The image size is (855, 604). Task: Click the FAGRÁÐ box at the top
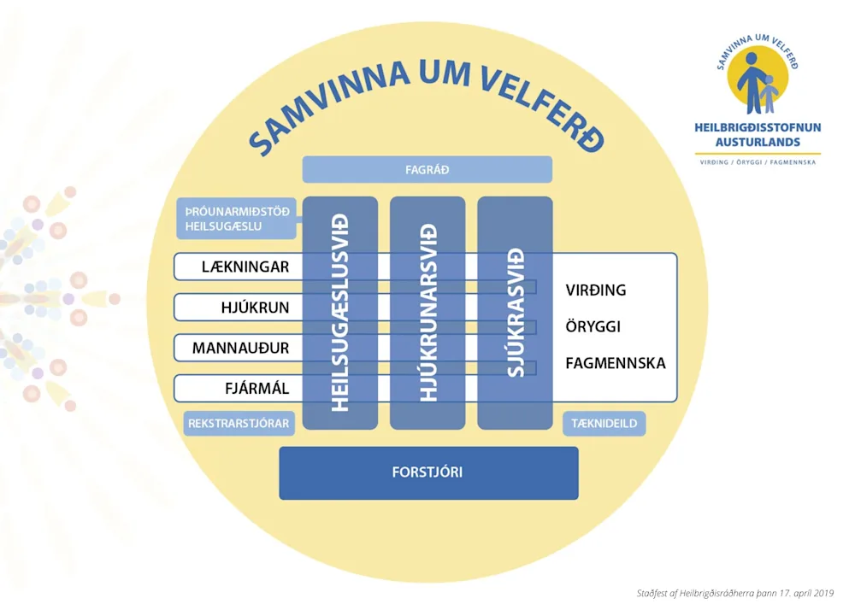click(x=427, y=170)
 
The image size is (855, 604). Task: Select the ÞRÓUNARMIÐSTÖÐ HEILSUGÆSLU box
click(x=236, y=219)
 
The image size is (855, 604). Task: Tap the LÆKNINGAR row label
click(x=245, y=267)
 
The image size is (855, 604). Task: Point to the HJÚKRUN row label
click(x=255, y=308)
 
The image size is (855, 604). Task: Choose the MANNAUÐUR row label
click(x=240, y=348)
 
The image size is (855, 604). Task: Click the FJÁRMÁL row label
click(x=256, y=389)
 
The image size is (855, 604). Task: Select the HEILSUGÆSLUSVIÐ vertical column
click(x=340, y=313)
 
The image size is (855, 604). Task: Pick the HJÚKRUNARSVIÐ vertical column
click(x=427, y=313)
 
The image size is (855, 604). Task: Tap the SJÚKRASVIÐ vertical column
click(x=515, y=313)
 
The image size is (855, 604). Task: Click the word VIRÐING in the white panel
click(x=595, y=290)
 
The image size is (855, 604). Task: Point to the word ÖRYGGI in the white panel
click(x=593, y=327)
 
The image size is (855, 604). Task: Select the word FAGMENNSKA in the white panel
click(x=615, y=364)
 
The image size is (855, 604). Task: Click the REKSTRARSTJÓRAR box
click(x=239, y=424)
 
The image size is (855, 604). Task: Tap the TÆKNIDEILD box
click(x=604, y=424)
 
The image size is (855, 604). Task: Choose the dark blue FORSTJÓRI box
click(x=428, y=472)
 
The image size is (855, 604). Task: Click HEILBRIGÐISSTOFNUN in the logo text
click(x=758, y=127)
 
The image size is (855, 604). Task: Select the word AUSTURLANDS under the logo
click(x=758, y=141)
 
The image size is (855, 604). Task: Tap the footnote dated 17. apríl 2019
click(x=735, y=593)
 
